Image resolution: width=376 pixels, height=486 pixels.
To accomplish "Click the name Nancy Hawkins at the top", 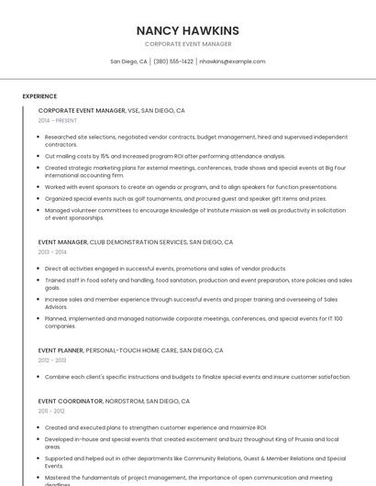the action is coord(187,30).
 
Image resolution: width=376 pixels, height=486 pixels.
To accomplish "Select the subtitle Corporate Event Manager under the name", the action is coord(187,44).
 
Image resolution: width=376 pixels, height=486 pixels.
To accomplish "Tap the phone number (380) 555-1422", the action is coord(172,61).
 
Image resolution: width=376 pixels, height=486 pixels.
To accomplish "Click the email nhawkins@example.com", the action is coord(232,61).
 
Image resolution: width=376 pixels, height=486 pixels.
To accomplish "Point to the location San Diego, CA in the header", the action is coord(128,61).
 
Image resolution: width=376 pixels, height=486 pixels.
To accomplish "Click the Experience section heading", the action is coord(39,96).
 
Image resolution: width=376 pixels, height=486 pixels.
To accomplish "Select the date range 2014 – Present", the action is coord(58,120).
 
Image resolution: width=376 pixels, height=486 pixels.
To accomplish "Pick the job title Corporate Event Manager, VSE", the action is coord(111,110).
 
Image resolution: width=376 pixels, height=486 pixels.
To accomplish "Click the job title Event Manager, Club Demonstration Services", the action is coord(135,242).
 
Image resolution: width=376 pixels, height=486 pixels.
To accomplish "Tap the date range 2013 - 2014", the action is coord(52,252).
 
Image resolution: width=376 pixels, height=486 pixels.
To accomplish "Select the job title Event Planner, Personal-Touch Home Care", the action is coord(130,350).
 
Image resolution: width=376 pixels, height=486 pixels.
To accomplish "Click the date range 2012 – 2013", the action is coord(52,360).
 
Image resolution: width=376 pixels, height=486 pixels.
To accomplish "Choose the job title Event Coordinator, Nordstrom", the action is coord(114,402).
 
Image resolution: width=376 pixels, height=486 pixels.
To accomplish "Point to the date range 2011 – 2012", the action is coord(51,412).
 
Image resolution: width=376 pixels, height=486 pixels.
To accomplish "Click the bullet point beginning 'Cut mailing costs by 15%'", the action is coord(165,156).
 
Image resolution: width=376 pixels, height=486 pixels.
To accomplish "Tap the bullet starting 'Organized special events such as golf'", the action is coord(185,198).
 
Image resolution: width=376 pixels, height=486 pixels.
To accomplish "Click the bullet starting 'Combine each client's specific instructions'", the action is coord(197,377).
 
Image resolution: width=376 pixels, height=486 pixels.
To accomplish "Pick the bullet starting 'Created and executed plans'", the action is coord(155,427).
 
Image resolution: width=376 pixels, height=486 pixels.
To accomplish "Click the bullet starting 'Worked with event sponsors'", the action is coord(191,186).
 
